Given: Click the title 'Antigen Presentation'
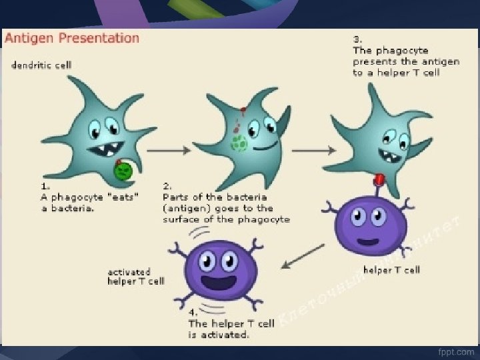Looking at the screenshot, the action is [72, 38].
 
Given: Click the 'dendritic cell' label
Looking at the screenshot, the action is [40, 65].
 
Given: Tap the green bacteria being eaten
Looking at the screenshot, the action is [122, 171].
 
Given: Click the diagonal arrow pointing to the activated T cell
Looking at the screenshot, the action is [303, 256].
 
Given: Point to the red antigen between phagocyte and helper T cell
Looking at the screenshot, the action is [380, 179].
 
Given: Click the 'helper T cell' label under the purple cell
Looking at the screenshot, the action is [391, 270].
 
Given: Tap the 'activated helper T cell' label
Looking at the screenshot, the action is [135, 277].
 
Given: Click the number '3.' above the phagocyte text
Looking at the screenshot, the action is [357, 39].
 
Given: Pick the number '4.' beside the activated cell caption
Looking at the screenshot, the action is [193, 311].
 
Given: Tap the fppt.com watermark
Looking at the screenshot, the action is [456, 351].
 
